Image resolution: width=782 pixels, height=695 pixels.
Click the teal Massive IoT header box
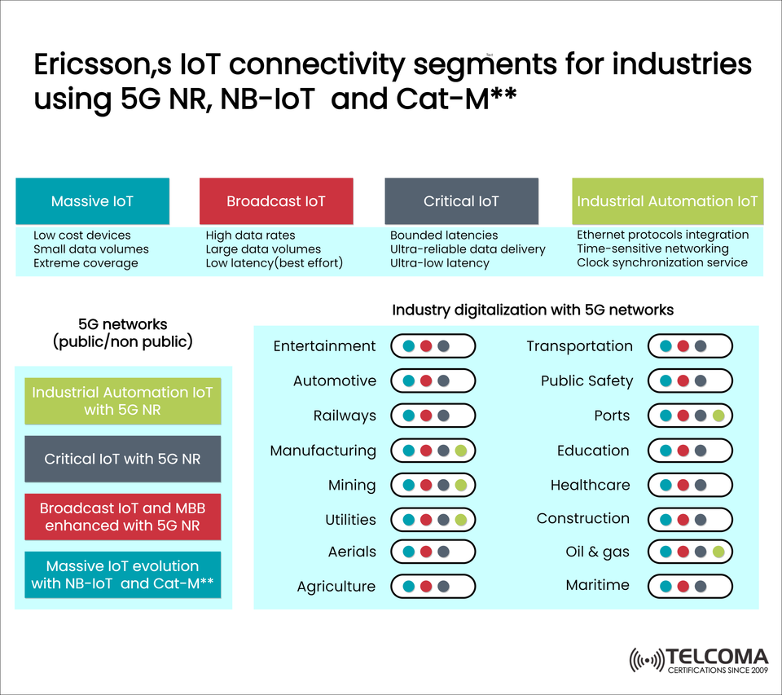92,201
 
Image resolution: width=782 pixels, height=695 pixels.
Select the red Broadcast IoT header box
276,201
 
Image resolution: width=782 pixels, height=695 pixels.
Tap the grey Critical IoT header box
461,201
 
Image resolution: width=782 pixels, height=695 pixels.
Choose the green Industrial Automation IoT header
667,201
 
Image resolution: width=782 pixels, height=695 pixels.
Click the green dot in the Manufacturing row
461,451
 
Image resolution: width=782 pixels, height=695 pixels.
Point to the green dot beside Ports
718,416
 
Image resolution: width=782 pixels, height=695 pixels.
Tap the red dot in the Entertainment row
425,346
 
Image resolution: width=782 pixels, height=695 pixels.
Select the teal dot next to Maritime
666,586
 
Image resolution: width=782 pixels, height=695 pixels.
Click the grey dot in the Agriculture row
443,587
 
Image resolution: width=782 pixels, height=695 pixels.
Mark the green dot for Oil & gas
718,552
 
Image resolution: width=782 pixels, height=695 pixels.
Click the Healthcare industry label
590,485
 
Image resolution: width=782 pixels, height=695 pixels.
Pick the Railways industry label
345,416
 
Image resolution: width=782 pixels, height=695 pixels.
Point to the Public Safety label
586,380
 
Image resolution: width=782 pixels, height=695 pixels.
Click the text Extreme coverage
86,263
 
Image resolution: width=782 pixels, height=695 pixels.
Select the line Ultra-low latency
440,263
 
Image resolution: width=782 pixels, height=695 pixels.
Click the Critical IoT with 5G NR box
122,459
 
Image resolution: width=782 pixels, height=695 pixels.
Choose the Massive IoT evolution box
122,574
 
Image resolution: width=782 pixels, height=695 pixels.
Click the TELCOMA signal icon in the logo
647,660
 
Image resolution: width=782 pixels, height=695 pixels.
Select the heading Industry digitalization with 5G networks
533,310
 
